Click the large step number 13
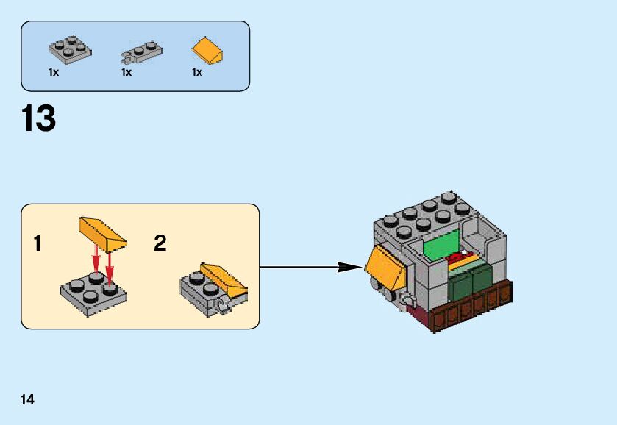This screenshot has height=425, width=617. coord(39,118)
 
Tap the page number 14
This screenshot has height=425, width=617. coord(27,399)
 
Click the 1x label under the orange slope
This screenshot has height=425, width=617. coord(197,72)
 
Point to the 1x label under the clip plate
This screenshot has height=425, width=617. coord(126,72)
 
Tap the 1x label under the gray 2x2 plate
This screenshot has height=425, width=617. coord(54,72)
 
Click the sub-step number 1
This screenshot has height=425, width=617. coord(38,243)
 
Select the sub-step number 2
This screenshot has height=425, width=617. coord(160,243)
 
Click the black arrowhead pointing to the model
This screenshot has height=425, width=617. coord(347,267)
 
